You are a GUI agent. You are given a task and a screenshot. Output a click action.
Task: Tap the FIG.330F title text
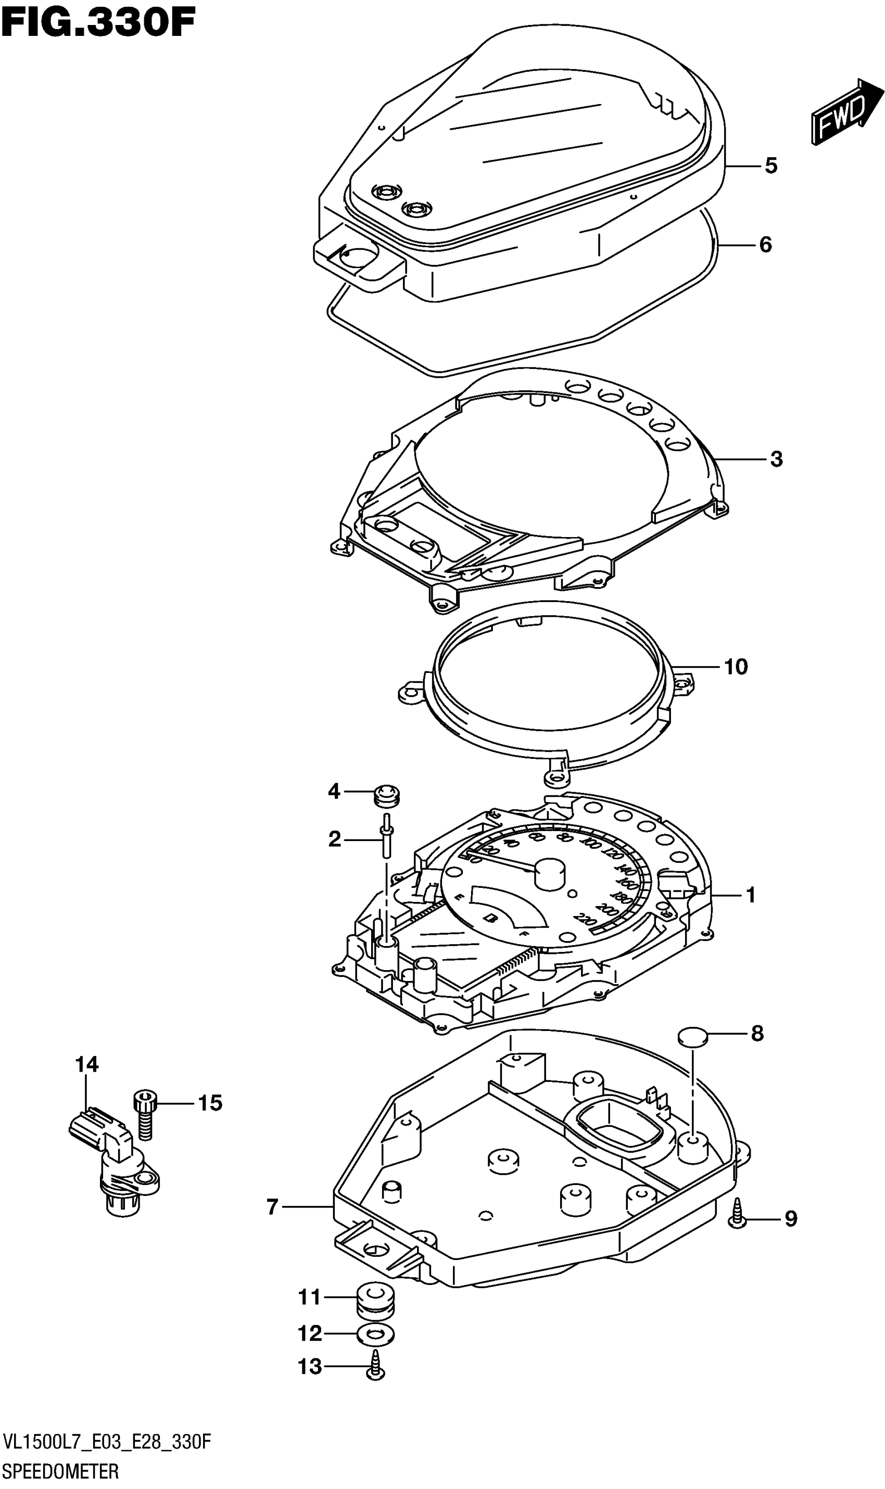pos(98,23)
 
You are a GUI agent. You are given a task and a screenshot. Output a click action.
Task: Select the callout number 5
pos(771,166)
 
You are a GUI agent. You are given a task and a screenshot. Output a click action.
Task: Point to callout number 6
pos(766,245)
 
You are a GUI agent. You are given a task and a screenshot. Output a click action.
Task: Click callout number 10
pos(736,666)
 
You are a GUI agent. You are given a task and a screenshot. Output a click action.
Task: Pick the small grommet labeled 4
pos(387,796)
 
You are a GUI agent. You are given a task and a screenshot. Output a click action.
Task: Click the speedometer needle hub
pos(550,874)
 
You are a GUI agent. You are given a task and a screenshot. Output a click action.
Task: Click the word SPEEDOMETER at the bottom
pos(60,1471)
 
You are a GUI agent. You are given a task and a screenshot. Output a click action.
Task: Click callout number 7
pos(273,1207)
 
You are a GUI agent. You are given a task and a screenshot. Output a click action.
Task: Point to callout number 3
pos(776,459)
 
